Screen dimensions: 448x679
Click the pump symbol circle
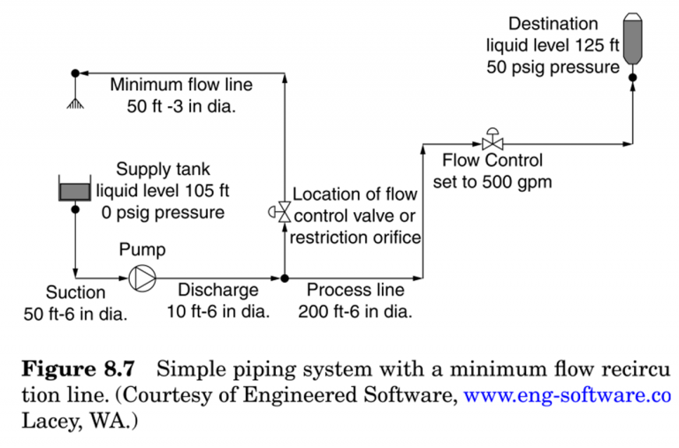(141, 277)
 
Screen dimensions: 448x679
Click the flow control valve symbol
(492, 141)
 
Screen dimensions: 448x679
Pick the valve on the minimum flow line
(283, 212)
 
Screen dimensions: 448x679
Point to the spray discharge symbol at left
(75, 100)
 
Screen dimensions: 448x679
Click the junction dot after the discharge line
(284, 277)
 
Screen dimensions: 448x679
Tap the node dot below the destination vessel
(633, 77)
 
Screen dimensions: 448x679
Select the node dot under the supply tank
(75, 209)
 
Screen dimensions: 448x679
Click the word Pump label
(142, 250)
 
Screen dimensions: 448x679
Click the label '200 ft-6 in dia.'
(355, 311)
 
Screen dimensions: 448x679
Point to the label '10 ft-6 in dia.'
(218, 311)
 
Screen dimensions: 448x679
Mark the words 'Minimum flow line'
(181, 86)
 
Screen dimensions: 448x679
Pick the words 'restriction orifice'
(356, 237)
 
